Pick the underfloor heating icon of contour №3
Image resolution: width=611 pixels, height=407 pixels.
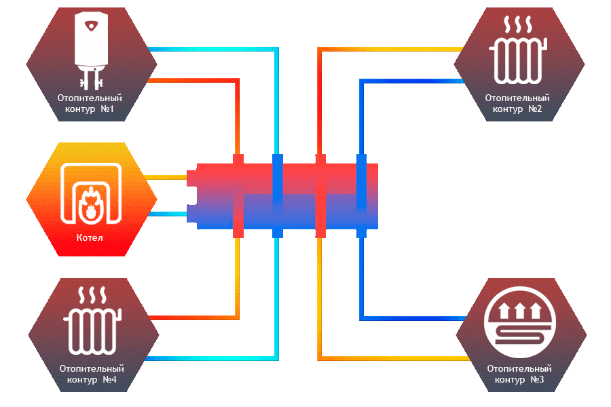[x=520, y=323]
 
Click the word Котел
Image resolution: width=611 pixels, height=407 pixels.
[x=91, y=238]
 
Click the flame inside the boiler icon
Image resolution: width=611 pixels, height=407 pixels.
[x=89, y=203]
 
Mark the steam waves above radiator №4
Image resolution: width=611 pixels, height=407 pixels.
[x=92, y=296]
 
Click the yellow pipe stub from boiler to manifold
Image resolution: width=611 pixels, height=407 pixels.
[x=166, y=177]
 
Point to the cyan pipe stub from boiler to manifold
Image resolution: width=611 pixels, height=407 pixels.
[x=166, y=214]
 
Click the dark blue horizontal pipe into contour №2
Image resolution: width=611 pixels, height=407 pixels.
[x=411, y=81]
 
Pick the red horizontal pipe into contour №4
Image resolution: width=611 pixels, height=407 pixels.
[x=193, y=317]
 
